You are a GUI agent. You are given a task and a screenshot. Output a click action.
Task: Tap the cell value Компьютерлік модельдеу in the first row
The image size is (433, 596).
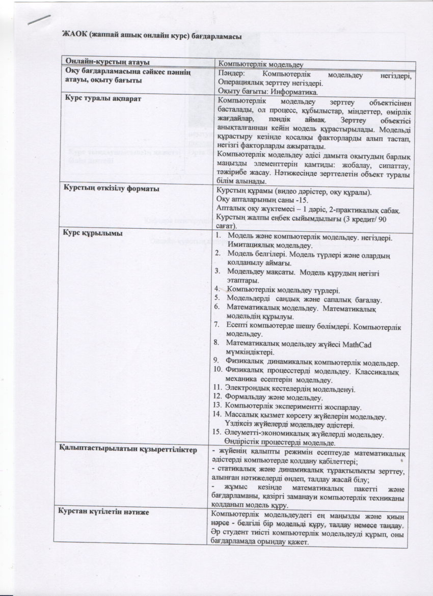click(261, 64)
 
